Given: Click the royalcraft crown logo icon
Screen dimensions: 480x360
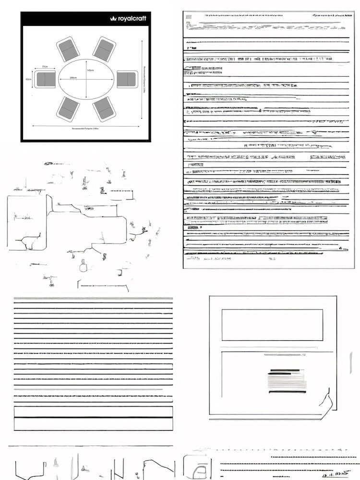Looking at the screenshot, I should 113,19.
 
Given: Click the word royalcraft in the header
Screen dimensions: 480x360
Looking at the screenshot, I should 132,19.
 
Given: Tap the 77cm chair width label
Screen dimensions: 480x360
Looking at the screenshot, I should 45,67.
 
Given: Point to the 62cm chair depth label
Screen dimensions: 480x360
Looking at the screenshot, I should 29,79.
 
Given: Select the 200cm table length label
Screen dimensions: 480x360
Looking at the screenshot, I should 73,78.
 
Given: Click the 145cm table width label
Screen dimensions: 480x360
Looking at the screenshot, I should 90,71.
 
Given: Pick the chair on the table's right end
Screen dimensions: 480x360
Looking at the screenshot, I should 127,79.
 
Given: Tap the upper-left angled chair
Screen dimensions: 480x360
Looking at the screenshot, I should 68,49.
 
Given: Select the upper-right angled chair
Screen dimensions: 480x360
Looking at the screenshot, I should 104,49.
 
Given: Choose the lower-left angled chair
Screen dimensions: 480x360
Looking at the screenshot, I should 68,109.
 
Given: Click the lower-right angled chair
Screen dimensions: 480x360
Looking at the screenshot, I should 104,109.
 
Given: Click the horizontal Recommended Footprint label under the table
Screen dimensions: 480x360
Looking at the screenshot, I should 85,129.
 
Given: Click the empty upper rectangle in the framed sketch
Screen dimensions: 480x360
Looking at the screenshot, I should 272,325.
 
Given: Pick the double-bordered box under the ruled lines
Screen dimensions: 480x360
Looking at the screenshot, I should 93,418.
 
